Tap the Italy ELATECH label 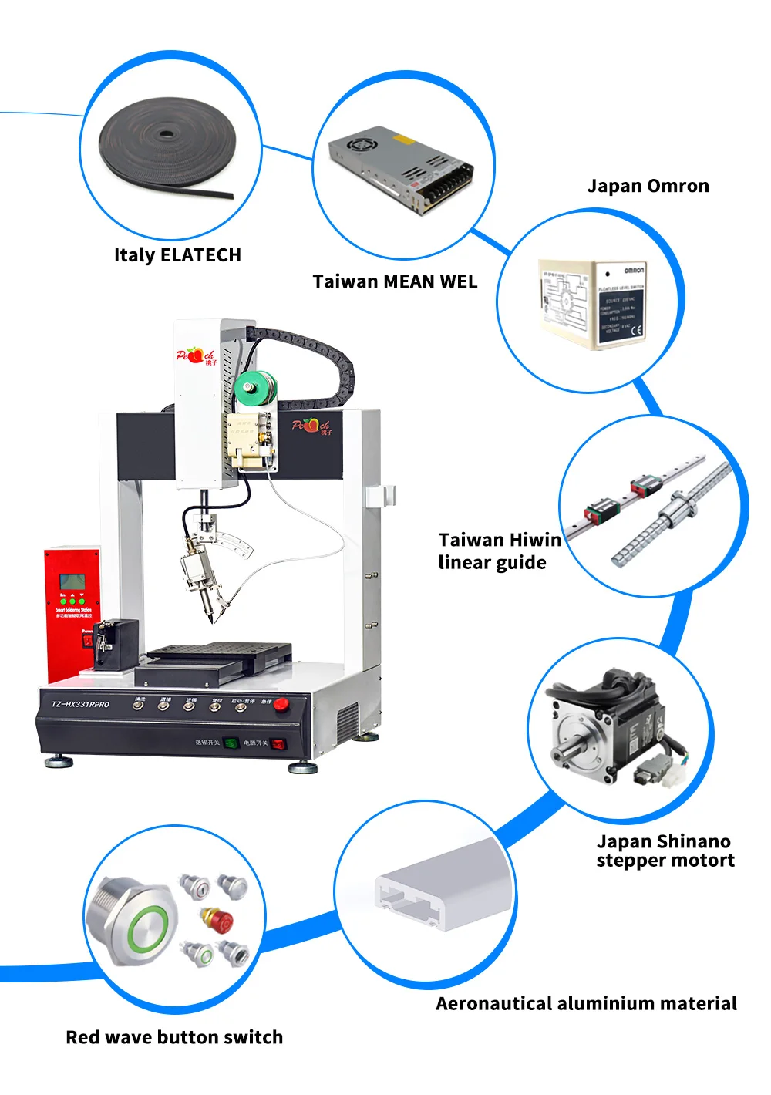[x=177, y=255]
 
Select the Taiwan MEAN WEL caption [x=395, y=281]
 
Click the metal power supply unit [x=402, y=169]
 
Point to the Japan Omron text [x=648, y=186]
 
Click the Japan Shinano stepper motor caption [x=665, y=851]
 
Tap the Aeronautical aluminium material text [x=586, y=1003]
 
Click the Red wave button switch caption [x=174, y=1037]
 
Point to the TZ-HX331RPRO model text [x=80, y=704]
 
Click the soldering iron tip [x=210, y=618]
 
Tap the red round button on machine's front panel [x=282, y=703]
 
